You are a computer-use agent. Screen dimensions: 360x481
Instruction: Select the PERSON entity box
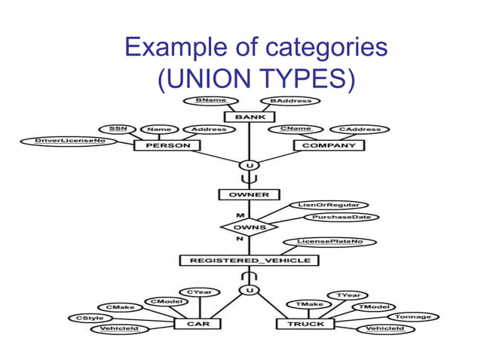pyautogui.click(x=162, y=145)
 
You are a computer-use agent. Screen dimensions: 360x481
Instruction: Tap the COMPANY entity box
pyautogui.click(x=328, y=145)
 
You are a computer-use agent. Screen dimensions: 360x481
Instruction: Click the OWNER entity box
pyautogui.click(x=244, y=195)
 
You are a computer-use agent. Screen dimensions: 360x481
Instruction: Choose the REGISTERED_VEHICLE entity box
pyautogui.click(x=249, y=261)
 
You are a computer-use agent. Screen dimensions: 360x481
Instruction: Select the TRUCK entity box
pyautogui.click(x=305, y=324)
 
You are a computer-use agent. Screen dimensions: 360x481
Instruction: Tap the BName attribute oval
pyautogui.click(x=210, y=100)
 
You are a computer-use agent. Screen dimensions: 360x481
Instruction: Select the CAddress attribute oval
pyautogui.click(x=359, y=129)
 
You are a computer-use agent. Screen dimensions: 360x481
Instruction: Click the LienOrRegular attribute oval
pyautogui.click(x=328, y=205)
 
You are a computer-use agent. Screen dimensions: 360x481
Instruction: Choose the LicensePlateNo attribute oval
pyautogui.click(x=329, y=242)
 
